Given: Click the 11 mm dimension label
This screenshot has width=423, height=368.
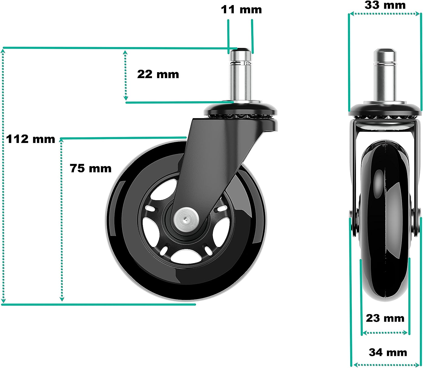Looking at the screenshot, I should pos(241,10).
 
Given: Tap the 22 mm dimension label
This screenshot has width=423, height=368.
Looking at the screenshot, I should pos(158,74).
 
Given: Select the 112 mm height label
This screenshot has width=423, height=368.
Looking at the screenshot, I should pos(30,139).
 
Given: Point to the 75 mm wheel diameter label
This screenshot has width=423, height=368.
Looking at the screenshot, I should pos(91,168).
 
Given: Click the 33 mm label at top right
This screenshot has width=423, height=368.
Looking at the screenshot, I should pos(385,5).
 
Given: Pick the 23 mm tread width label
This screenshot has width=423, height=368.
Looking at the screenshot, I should pos(385,318).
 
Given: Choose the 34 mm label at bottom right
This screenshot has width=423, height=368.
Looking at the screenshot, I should pos(388,352).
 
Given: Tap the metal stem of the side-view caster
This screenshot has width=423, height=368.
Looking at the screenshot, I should pos(241,76).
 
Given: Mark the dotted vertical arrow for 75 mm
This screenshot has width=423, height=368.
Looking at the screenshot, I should pos(62,220).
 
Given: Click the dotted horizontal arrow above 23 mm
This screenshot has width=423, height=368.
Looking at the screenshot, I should pos(385,333).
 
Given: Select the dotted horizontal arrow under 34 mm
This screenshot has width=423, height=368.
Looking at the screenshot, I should pos(385,365).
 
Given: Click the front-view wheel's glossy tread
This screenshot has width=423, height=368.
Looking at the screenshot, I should pos(385,226).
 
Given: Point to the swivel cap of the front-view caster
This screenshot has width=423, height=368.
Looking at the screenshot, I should pos(385,109).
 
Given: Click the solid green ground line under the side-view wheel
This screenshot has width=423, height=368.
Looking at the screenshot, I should pos(99,305).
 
